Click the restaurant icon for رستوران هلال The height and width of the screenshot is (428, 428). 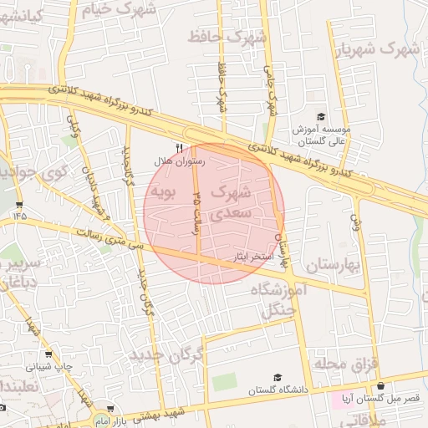click(x=178, y=145)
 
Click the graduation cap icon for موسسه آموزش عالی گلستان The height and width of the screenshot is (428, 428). click(x=321, y=118)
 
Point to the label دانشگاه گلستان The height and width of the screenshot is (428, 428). click(x=278, y=390)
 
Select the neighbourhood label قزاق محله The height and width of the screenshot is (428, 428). click(x=346, y=364)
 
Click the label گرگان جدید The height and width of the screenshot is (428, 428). click(x=167, y=357)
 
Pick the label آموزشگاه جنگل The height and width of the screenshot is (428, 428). click(x=279, y=301)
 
